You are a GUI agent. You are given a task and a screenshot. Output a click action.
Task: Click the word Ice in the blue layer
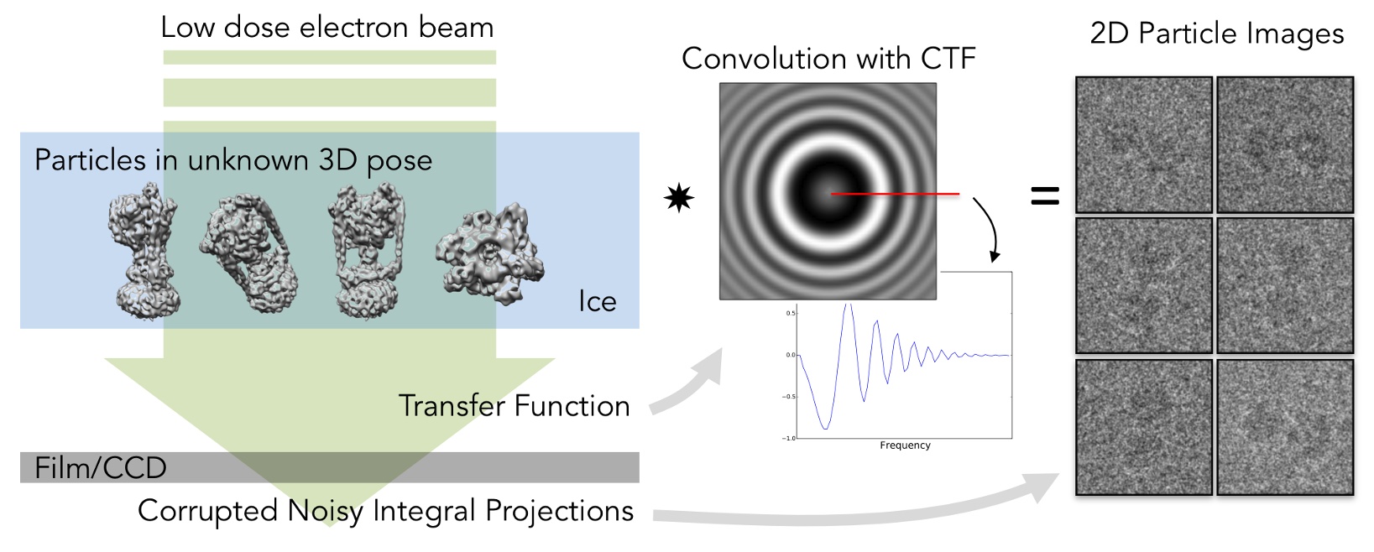(x=597, y=301)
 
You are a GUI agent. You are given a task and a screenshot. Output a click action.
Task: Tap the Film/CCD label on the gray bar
(x=100, y=467)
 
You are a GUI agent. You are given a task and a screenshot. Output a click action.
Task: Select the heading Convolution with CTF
(x=828, y=59)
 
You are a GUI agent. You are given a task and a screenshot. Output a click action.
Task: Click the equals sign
(x=1045, y=196)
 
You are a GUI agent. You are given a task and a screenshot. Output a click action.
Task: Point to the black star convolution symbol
(x=678, y=199)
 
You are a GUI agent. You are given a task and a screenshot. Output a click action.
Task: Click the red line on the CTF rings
(x=896, y=194)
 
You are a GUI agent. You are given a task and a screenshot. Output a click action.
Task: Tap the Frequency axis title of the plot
(x=905, y=445)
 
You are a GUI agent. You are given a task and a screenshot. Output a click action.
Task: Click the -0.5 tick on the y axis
(x=788, y=396)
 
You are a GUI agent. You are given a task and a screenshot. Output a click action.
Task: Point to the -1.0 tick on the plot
(x=788, y=438)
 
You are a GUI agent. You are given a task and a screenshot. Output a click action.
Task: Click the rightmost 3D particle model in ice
(x=489, y=254)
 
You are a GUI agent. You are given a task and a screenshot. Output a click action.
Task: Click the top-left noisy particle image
(x=1143, y=144)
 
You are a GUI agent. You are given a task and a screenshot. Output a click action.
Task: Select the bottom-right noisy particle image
(x=1285, y=427)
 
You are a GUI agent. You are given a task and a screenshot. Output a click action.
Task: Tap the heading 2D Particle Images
(x=1216, y=34)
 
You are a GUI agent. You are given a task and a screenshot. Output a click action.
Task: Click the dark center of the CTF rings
(x=828, y=191)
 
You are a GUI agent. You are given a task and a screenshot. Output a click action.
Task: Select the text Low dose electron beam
(x=327, y=28)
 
